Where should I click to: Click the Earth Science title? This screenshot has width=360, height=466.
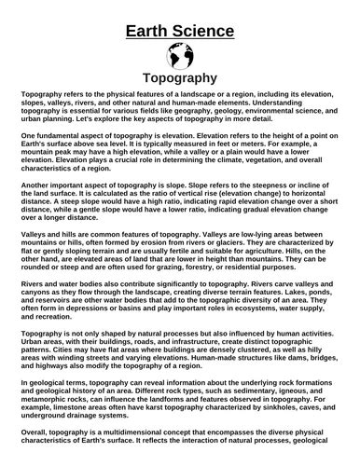(180, 32)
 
